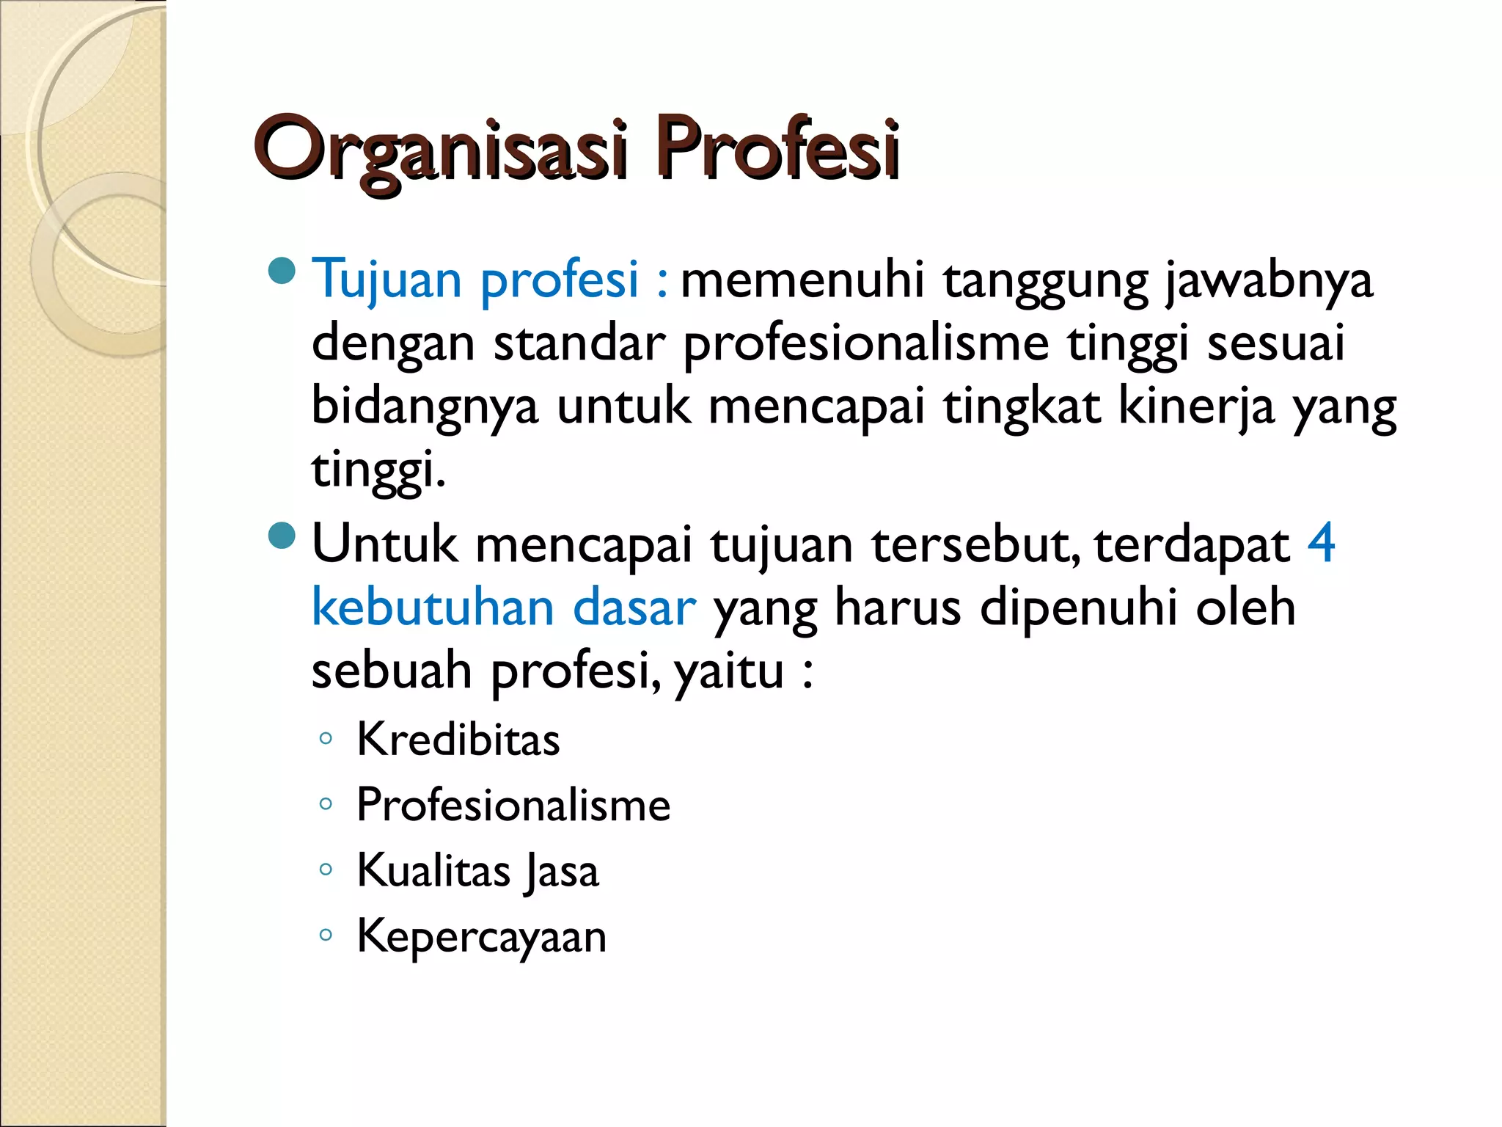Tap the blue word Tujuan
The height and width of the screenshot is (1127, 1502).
[x=387, y=280]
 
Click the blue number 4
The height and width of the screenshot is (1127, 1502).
[x=1321, y=544]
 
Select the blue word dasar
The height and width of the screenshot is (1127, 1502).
[x=634, y=608]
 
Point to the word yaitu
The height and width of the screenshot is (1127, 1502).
[x=729, y=671]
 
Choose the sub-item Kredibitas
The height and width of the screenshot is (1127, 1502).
[x=458, y=739]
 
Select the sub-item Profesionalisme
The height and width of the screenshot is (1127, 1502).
[x=513, y=805]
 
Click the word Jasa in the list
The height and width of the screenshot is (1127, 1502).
[x=562, y=872]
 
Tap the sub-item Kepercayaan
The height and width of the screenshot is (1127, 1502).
[x=482, y=937]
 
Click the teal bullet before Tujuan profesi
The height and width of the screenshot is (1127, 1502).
[x=282, y=271]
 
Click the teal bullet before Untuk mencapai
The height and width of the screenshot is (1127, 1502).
[x=282, y=536]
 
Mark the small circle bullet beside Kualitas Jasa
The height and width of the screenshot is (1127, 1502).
[x=326, y=870]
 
